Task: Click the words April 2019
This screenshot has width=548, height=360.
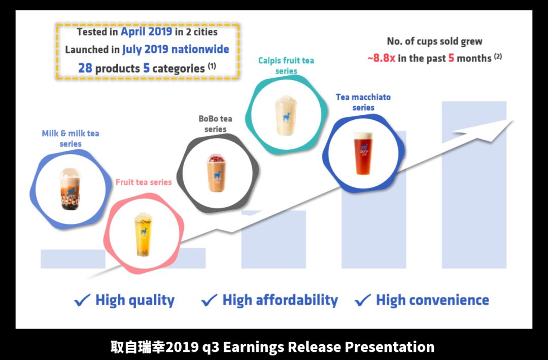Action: (147, 31)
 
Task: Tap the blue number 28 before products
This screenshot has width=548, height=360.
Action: (85, 68)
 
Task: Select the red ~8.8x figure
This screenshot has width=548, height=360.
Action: (381, 58)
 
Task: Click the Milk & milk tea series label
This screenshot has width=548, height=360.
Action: (71, 139)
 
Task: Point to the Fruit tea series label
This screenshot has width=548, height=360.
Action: (144, 182)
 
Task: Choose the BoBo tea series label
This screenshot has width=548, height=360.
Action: (215, 124)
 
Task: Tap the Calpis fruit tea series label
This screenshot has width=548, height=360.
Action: (286, 66)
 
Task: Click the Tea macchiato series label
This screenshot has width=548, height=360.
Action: (363, 102)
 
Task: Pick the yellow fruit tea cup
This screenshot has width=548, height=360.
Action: (143, 234)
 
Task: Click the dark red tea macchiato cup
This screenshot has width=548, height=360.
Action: (363, 153)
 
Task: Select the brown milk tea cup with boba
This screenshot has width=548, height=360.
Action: (70, 189)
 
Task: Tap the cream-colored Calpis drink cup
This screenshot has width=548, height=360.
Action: (286, 115)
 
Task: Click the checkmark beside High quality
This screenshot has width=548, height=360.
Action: (83, 300)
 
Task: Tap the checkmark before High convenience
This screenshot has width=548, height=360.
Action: (363, 300)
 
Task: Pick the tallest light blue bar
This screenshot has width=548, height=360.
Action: (474, 185)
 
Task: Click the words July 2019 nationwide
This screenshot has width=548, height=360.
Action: (176, 49)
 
